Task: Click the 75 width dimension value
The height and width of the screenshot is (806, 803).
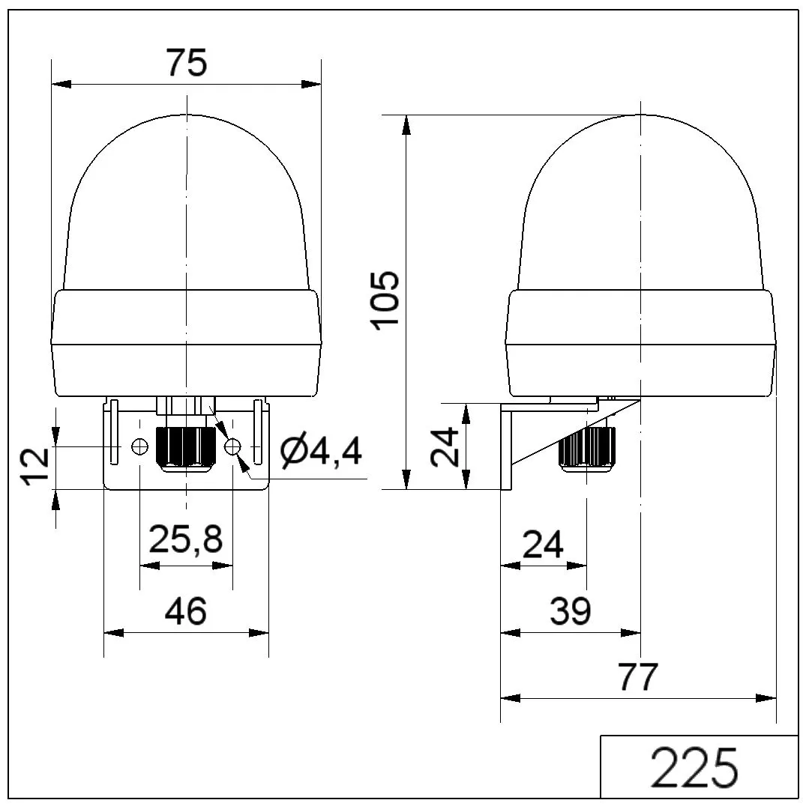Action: point(187,63)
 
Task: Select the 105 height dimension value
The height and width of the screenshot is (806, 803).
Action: point(386,300)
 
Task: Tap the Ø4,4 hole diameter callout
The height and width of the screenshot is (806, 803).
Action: point(321,451)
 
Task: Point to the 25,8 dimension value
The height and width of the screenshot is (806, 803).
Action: point(186,539)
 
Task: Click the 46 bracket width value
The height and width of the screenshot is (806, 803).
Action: point(186,610)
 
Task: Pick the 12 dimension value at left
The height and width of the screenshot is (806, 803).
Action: point(35,467)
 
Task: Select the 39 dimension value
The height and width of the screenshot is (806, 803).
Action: point(571,610)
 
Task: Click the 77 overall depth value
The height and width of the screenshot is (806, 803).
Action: point(638,677)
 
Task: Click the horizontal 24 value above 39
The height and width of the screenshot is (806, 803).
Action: point(544,545)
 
